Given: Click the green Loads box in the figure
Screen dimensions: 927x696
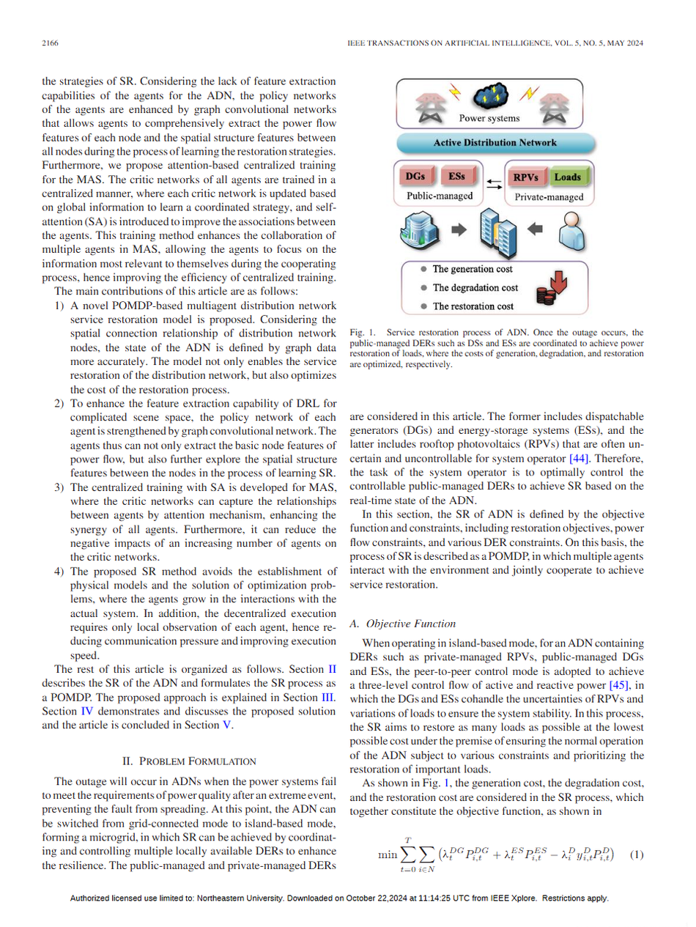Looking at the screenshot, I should point(567,177).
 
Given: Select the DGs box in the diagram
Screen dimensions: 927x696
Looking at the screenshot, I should point(416,177).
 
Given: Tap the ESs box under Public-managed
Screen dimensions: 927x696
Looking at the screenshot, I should point(456,177).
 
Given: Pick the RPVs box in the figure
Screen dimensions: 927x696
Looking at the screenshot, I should point(526,177).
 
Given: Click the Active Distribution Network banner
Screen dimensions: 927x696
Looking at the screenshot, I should point(495,142).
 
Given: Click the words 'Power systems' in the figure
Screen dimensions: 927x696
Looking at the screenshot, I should point(489,118).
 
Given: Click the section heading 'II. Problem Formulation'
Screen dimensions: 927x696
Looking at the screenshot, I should point(188,760).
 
